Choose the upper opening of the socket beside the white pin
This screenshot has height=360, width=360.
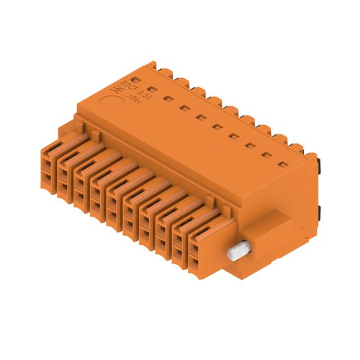pos(195,247)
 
